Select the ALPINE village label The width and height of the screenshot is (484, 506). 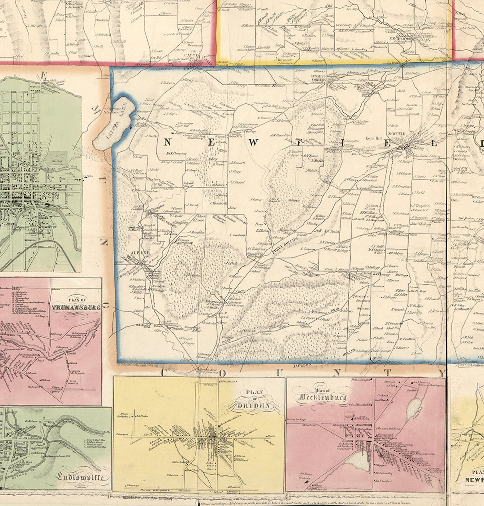click(x=136, y=253)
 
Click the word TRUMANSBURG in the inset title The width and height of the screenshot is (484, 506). click(x=76, y=307)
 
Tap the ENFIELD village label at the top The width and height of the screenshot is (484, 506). click(x=397, y=39)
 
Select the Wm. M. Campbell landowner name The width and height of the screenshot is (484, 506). click(x=176, y=154)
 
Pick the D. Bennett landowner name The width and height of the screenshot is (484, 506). click(x=238, y=162)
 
